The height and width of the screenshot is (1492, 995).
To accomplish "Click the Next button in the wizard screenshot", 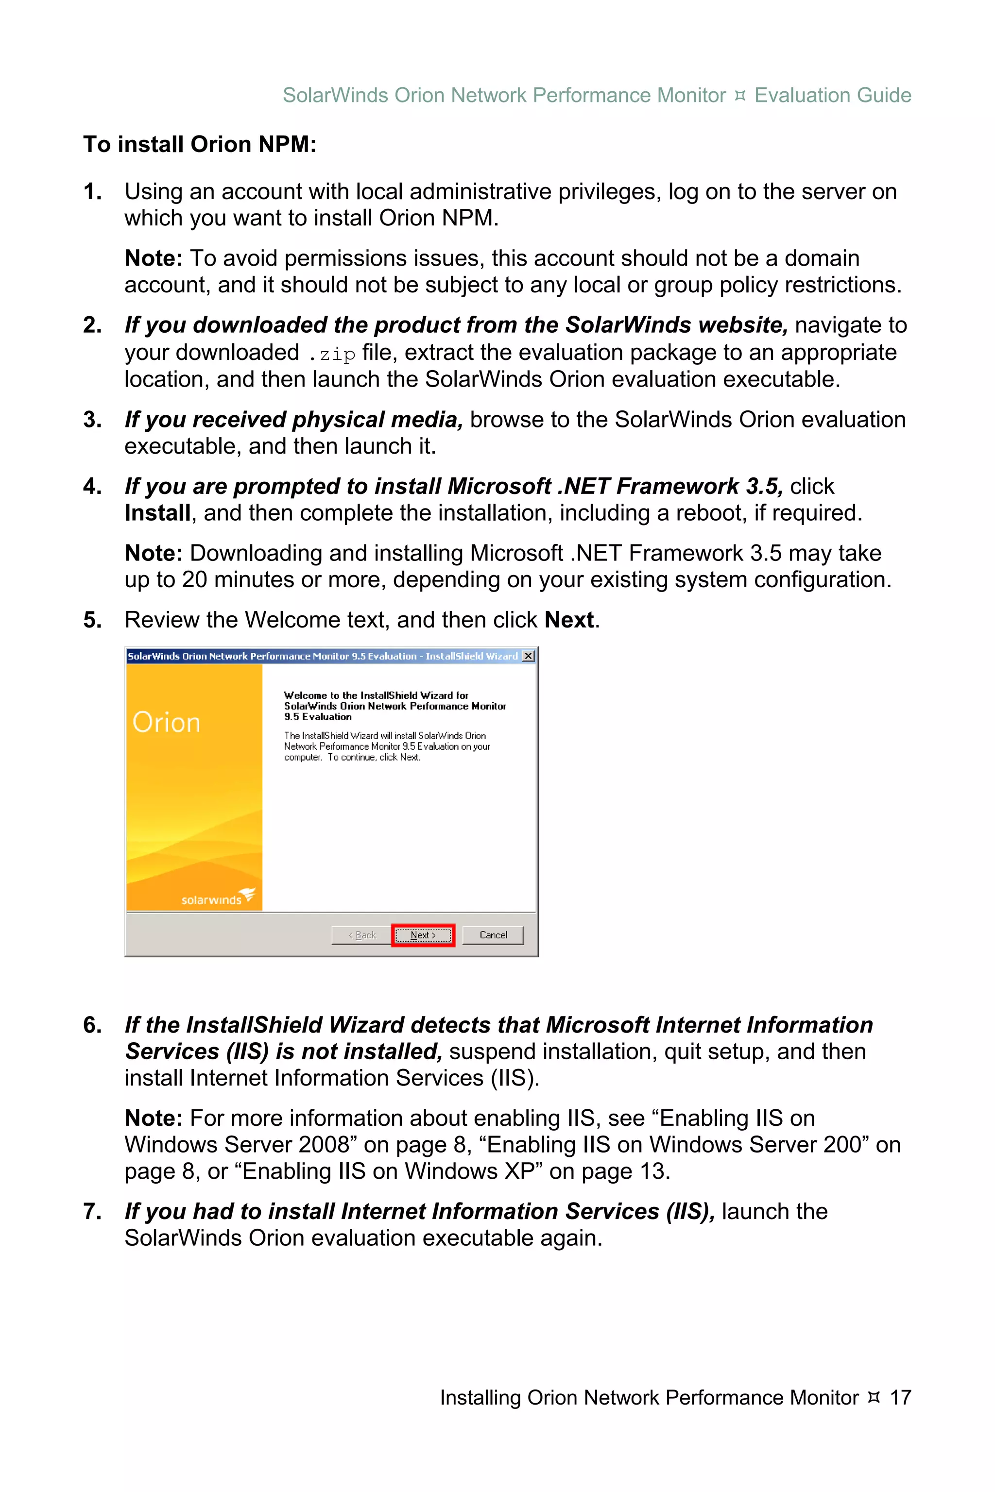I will [x=423, y=935].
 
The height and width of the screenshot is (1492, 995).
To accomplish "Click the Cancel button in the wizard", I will [x=493, y=935].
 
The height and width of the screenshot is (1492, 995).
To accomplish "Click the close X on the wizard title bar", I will [x=528, y=656].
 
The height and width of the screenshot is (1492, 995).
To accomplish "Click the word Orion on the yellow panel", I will [x=166, y=723].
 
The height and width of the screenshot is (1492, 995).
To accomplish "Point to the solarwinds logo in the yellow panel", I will [x=218, y=898].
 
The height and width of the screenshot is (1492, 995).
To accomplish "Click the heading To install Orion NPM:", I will [x=200, y=145].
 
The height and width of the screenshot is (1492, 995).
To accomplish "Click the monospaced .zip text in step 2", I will [x=332, y=354].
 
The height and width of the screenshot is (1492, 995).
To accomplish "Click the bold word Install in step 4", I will [x=157, y=513].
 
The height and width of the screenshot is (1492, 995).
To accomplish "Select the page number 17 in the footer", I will [x=900, y=1397].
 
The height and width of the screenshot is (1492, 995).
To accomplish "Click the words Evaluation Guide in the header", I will [x=833, y=95].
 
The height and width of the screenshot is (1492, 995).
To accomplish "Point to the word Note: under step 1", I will [x=154, y=259].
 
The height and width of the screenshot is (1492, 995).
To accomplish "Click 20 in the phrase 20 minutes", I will [x=194, y=580].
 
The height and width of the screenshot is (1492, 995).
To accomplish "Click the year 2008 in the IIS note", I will [x=324, y=1144].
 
